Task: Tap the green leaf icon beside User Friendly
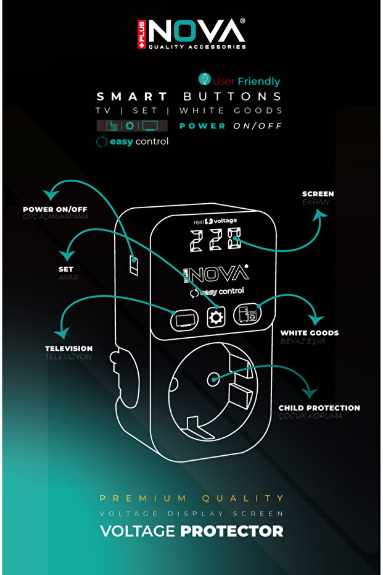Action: coord(204,80)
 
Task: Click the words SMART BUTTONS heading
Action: coord(189,96)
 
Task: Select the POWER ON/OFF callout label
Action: coord(56,209)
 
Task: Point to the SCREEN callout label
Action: coord(318,194)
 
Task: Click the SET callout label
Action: coord(65,269)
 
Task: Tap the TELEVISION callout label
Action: coord(68,348)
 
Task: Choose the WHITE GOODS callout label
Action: coord(309,333)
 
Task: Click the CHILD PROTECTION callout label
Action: coord(319,408)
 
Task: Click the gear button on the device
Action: coord(216,317)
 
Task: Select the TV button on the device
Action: coord(184,319)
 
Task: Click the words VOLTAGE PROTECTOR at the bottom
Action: coord(191,531)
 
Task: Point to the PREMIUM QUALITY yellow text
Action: coord(191,498)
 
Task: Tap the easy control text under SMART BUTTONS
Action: coord(132,141)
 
